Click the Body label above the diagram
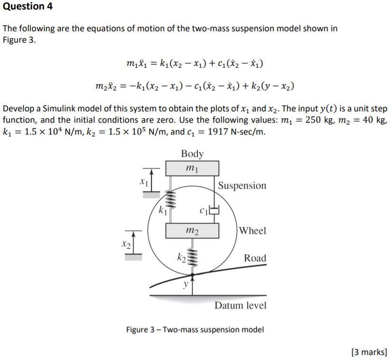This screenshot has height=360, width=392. click(x=192, y=153)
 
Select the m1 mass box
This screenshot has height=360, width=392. click(x=192, y=168)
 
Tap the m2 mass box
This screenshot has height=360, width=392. click(x=192, y=231)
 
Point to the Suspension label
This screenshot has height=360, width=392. click(x=242, y=185)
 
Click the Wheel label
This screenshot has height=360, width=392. click(x=253, y=231)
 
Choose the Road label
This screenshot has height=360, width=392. click(x=255, y=258)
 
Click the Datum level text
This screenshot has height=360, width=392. click(x=241, y=305)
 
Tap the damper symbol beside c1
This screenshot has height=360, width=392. click(x=214, y=210)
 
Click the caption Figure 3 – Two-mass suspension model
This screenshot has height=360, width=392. click(x=195, y=329)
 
